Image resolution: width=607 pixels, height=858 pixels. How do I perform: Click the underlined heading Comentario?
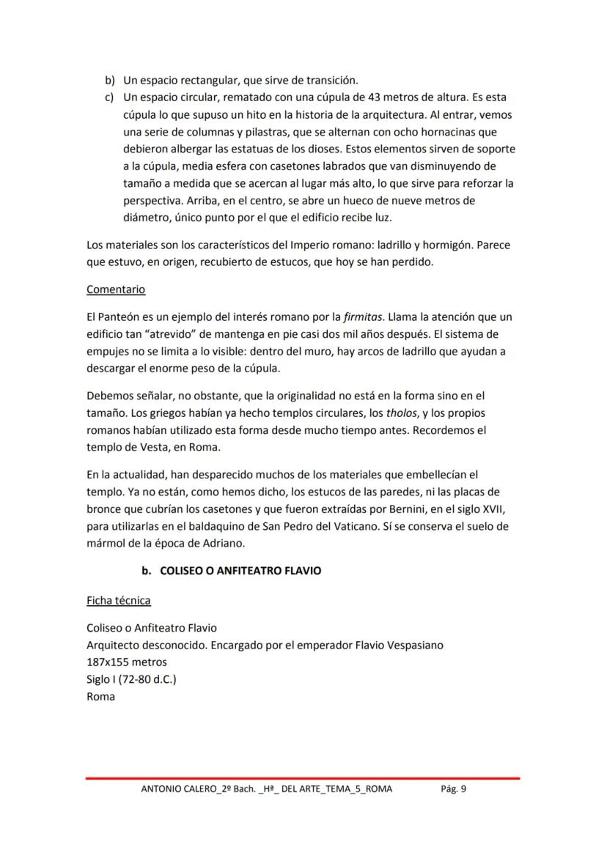[116, 289]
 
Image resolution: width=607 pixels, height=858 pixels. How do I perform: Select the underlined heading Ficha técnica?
[118, 601]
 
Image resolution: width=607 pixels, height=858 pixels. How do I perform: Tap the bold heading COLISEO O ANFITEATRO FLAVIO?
[240, 570]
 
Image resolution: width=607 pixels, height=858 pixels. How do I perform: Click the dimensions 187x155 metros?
[127, 662]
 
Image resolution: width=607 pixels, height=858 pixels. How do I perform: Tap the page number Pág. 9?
[453, 788]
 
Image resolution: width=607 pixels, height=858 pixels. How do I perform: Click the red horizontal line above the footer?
[302, 777]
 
